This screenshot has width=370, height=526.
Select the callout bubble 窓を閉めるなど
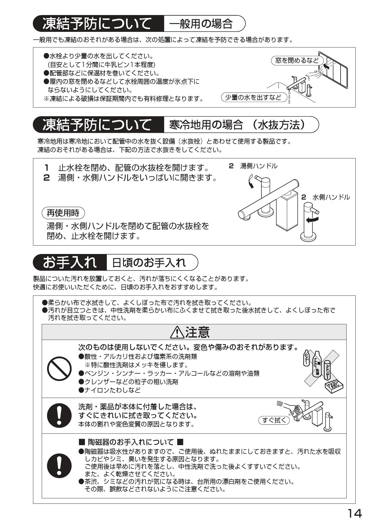[297, 60]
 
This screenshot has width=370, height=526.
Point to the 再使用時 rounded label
[63, 213]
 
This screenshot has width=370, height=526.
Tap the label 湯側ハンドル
[259, 166]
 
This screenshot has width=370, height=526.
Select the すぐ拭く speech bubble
[274, 420]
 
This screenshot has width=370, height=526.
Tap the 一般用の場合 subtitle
[201, 23]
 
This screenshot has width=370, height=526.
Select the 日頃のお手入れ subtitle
[149, 262]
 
